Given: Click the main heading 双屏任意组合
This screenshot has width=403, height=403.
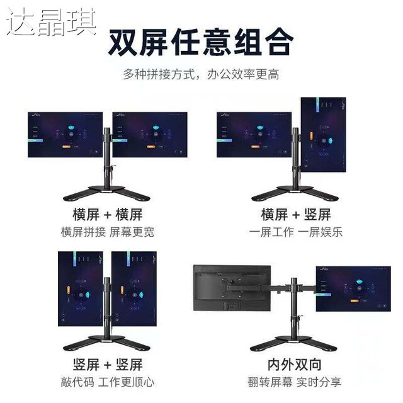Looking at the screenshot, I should (201, 43).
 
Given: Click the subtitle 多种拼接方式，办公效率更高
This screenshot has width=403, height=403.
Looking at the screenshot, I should (201, 74).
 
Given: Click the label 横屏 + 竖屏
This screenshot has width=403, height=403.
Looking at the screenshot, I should (295, 214).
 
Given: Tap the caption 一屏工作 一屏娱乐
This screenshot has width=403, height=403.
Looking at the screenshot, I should (295, 232).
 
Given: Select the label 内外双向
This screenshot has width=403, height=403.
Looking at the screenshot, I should (295, 364).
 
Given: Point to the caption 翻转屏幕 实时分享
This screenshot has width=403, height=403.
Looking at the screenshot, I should (295, 382).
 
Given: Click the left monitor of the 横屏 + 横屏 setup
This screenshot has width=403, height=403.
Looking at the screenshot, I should (65, 135).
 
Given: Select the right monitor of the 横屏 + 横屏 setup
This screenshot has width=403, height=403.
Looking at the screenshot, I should (149, 135).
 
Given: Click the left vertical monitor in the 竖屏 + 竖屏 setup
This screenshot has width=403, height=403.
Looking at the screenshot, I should (81, 289).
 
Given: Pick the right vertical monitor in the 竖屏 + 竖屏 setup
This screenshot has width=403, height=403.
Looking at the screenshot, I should (134, 289).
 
